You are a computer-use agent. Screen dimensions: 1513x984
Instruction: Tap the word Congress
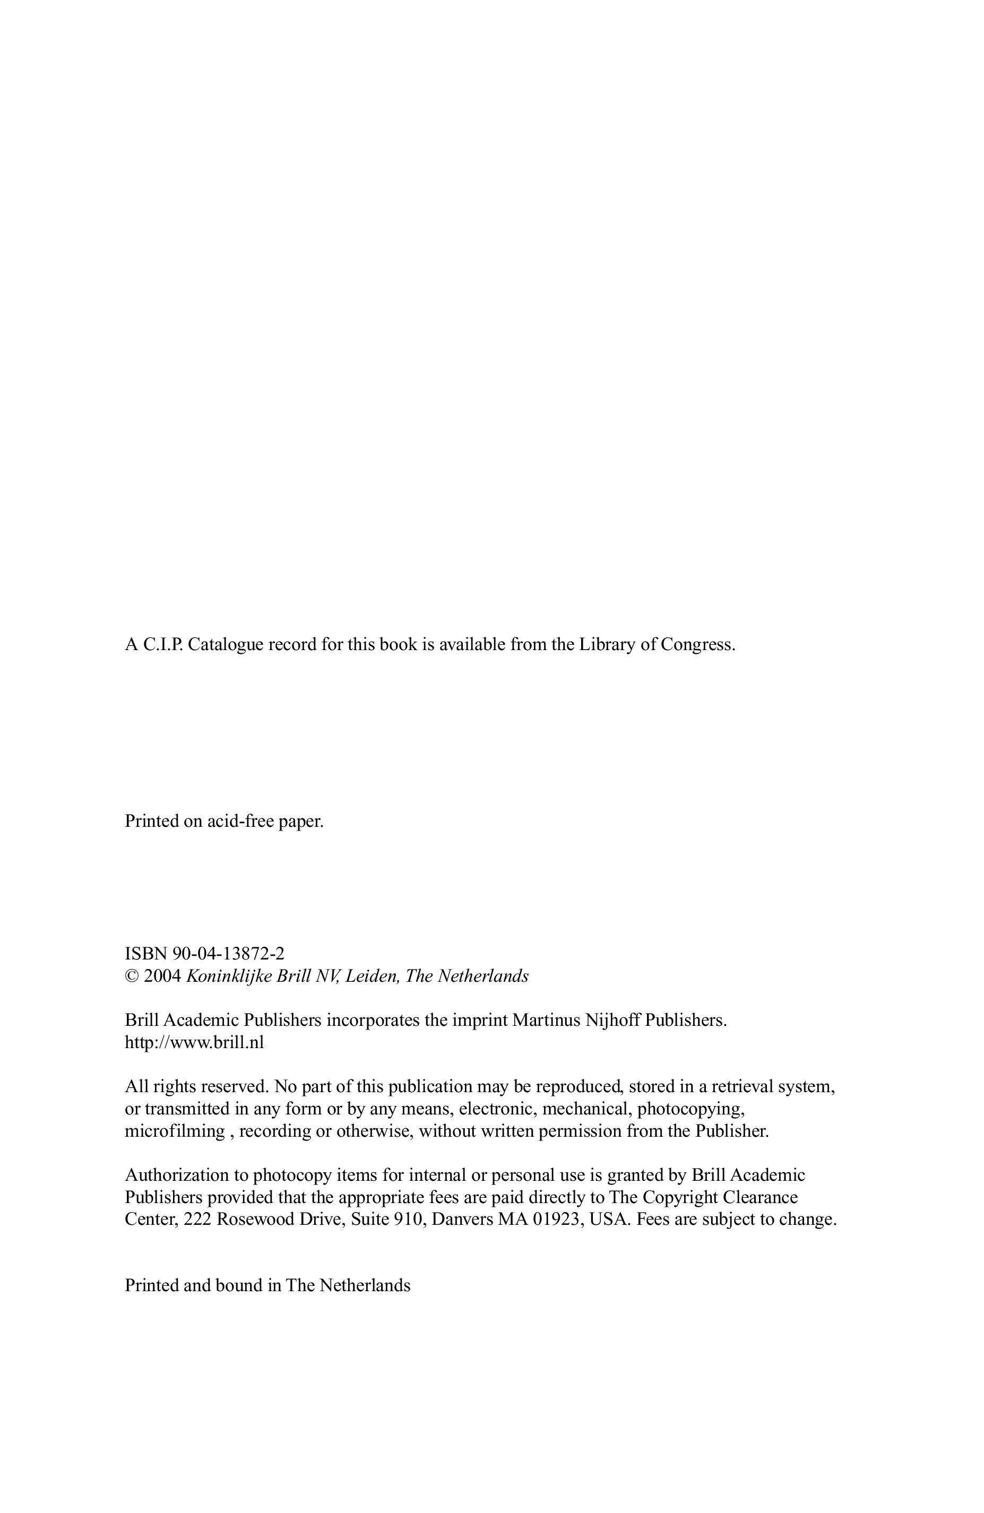pos(697,645)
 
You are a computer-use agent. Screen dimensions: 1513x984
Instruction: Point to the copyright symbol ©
pos(132,976)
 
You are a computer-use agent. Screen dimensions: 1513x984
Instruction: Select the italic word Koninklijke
pos(228,976)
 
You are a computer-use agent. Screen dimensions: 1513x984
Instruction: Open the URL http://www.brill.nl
pos(194,1042)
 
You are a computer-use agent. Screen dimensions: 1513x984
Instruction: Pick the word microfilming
pos(175,1131)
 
